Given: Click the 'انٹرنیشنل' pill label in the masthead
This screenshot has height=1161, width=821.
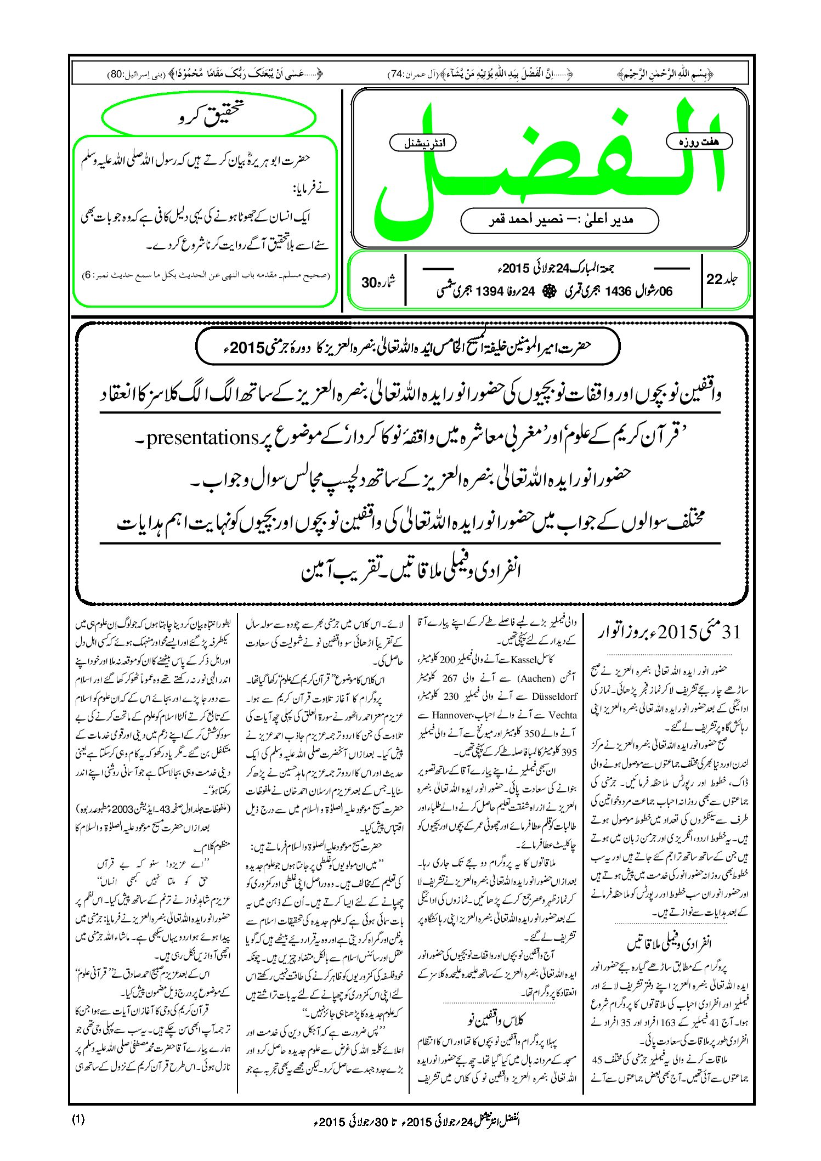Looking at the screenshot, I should [422, 143].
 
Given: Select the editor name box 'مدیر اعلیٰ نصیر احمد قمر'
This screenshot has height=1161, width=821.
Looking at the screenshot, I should [559, 220].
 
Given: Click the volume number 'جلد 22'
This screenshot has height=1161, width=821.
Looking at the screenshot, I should [721, 279].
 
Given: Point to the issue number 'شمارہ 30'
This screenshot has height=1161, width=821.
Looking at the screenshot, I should [377, 282].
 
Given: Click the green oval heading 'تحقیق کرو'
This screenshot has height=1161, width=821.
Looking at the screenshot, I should [209, 116].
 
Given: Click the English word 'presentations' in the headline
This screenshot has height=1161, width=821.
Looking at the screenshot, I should [203, 437].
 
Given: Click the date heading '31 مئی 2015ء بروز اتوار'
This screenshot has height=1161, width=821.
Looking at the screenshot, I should [669, 632].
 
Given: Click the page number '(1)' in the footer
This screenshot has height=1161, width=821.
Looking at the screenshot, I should [78, 1120].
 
